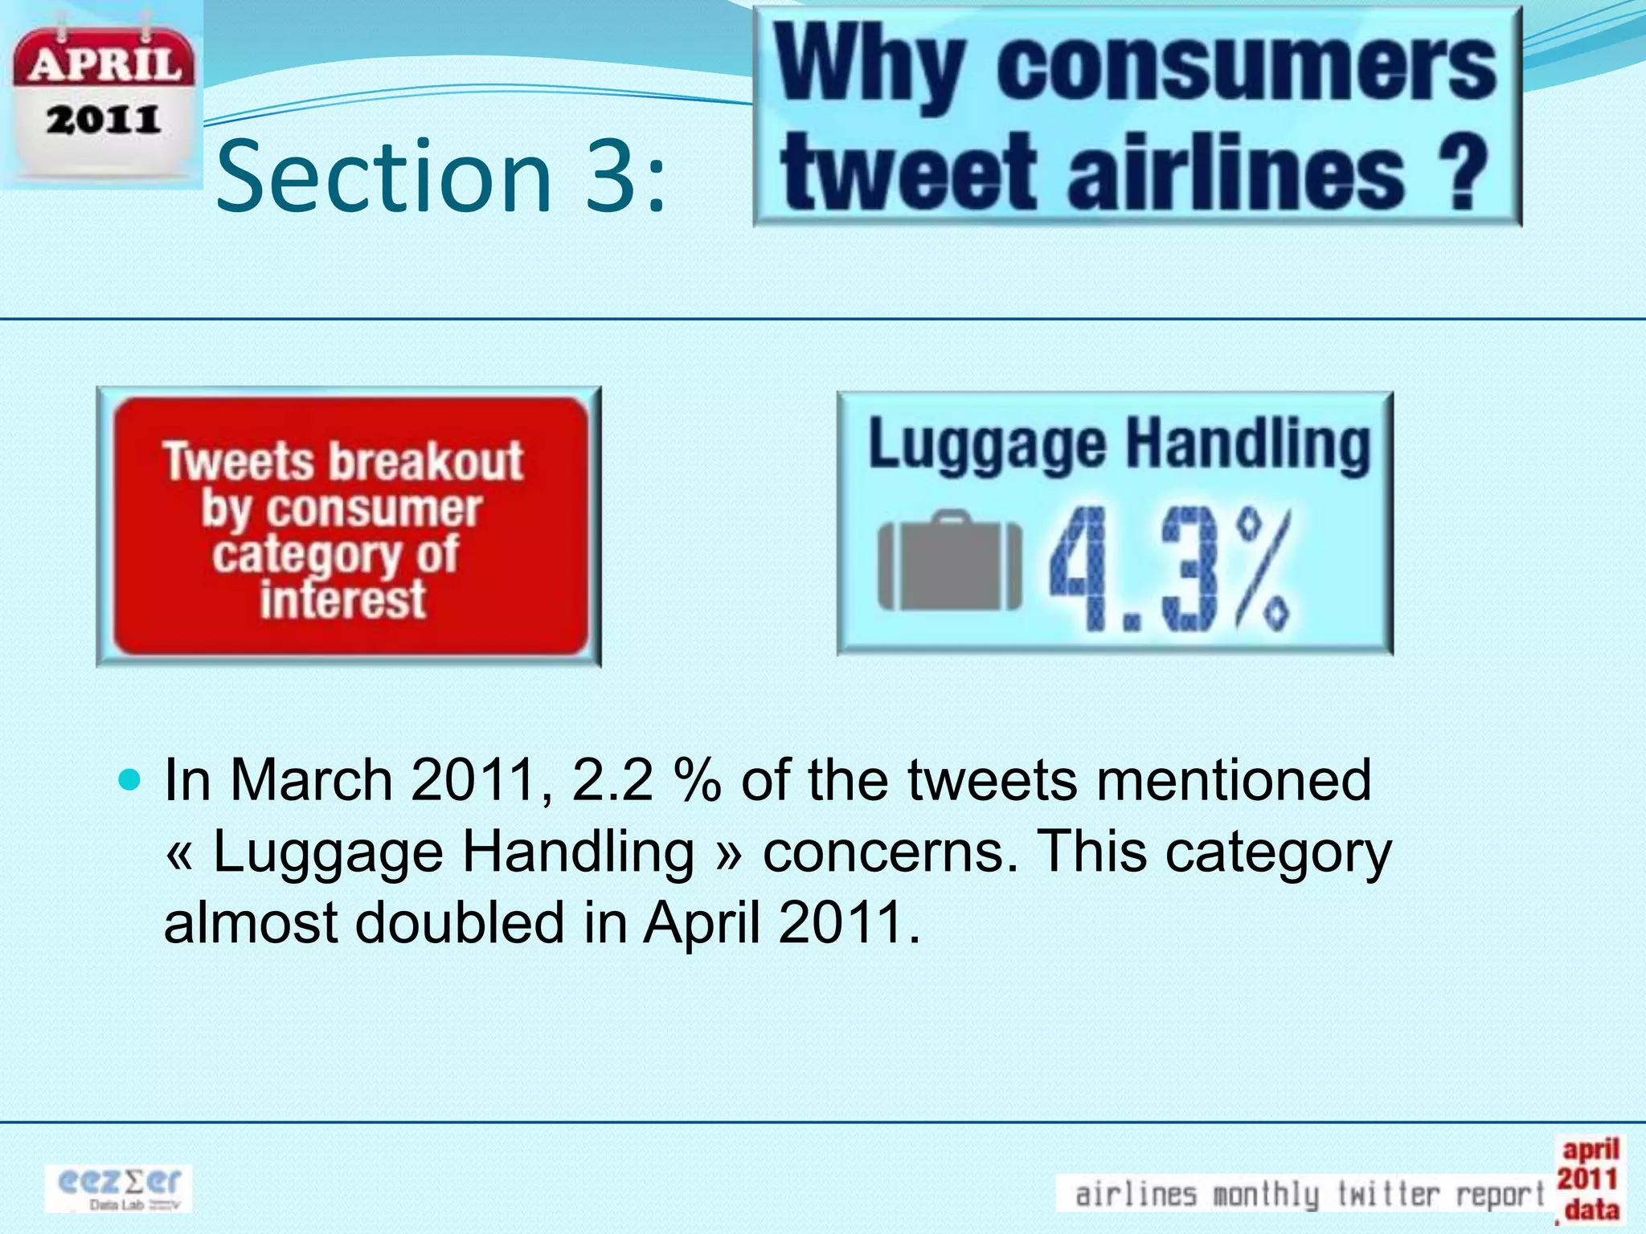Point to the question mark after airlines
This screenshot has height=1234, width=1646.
(1460, 173)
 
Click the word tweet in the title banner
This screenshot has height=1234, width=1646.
(908, 173)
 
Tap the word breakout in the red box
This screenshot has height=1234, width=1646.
(426, 462)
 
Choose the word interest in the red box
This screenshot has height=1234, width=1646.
(343, 600)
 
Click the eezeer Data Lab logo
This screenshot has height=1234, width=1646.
(119, 1188)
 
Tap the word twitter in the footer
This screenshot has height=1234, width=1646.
(1388, 1194)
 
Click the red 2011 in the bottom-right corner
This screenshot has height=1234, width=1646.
(1587, 1179)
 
